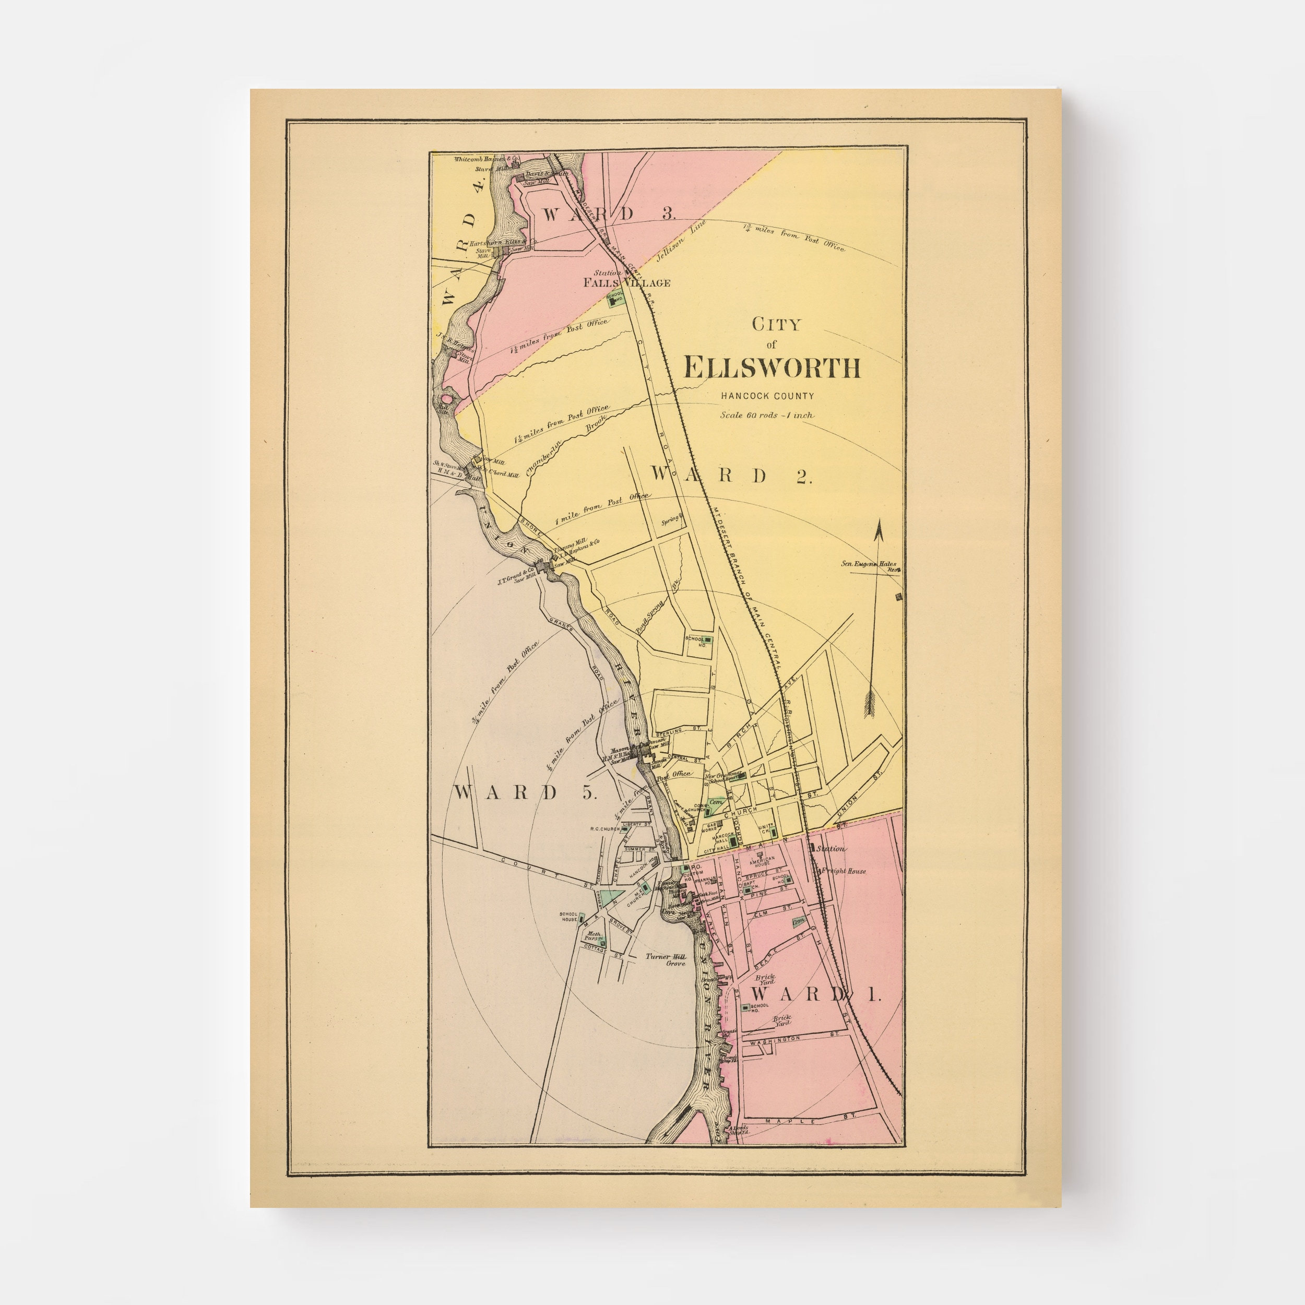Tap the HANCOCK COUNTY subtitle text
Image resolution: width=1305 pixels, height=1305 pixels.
click(767, 397)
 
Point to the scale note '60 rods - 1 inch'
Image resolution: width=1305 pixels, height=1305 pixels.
click(767, 415)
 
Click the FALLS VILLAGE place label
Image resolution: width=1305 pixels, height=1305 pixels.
click(627, 283)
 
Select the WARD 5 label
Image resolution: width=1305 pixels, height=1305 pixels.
click(525, 793)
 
